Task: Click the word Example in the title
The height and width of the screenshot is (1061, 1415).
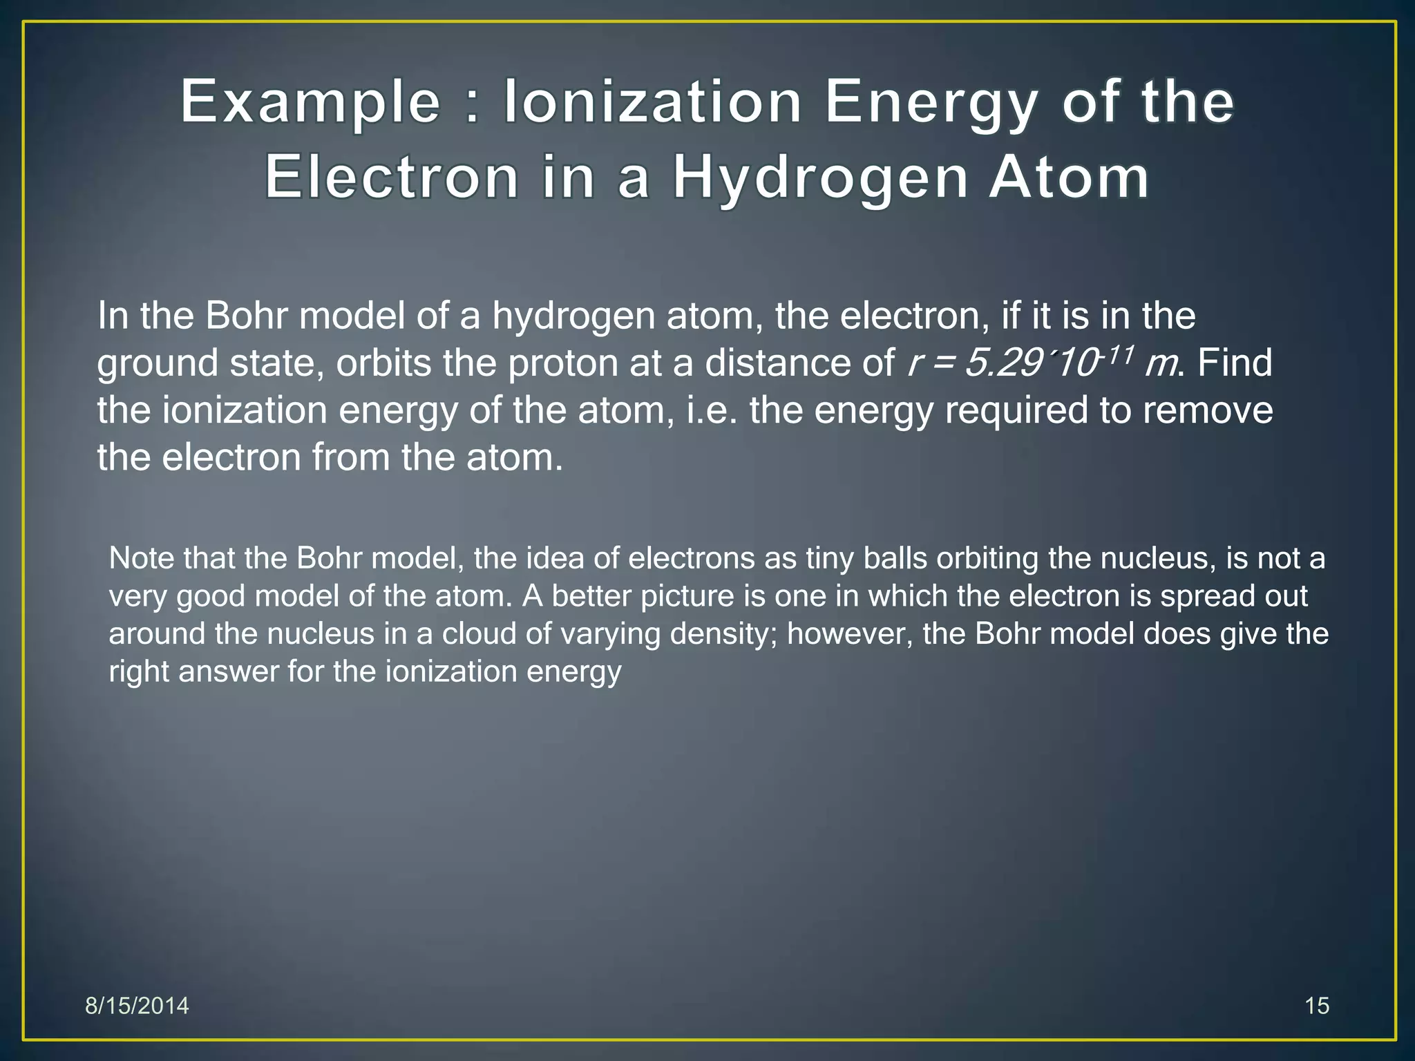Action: coord(310,104)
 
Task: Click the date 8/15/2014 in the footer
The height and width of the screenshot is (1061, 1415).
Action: coord(137,1006)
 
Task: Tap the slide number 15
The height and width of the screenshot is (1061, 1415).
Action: coord(1317,1006)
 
